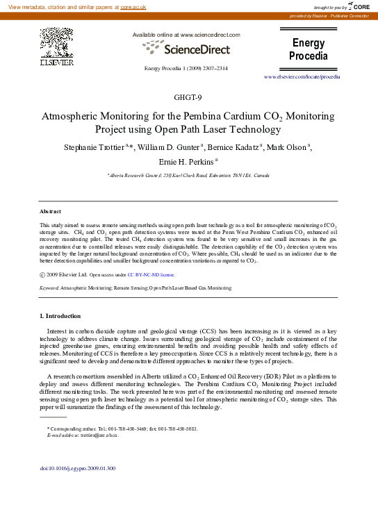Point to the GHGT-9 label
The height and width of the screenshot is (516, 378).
(x=188, y=97)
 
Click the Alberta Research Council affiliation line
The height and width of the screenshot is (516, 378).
(x=188, y=176)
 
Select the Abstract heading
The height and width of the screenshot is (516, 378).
(x=50, y=211)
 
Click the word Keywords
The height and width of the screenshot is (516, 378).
(x=49, y=287)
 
